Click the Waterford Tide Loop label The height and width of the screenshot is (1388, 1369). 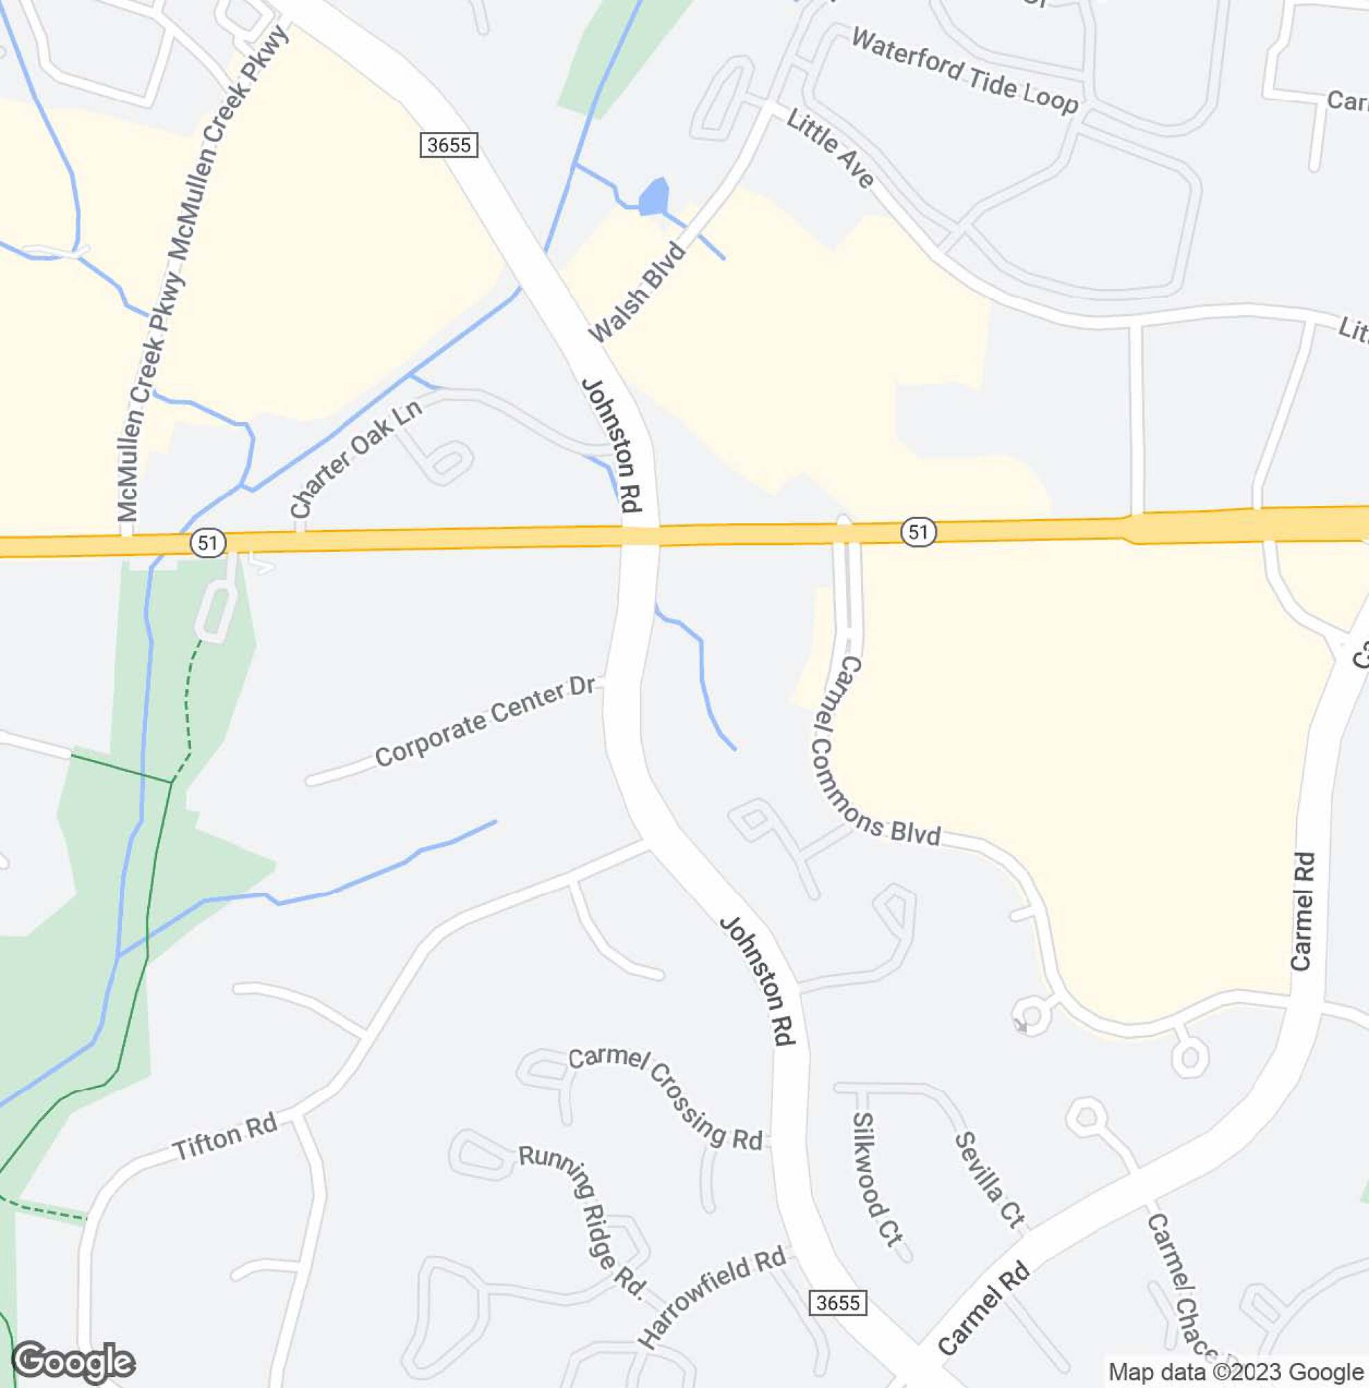pos(964,70)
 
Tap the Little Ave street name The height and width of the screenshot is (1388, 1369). pos(830,148)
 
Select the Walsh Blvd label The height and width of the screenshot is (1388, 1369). pos(637,292)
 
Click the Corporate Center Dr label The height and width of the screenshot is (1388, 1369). pos(486,720)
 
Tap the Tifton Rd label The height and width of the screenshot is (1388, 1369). pos(226,1137)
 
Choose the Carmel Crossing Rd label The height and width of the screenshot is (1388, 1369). pos(665,1098)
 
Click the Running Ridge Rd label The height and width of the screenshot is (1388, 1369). pos(581,1219)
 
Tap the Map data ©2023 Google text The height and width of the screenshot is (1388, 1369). pos(1235,1371)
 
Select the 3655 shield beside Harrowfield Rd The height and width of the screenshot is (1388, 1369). pos(838,1303)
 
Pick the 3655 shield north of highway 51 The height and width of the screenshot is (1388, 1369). pos(449,145)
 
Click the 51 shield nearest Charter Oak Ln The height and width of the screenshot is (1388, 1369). pos(208,543)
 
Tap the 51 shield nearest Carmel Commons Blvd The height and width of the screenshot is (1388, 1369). pos(919,532)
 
